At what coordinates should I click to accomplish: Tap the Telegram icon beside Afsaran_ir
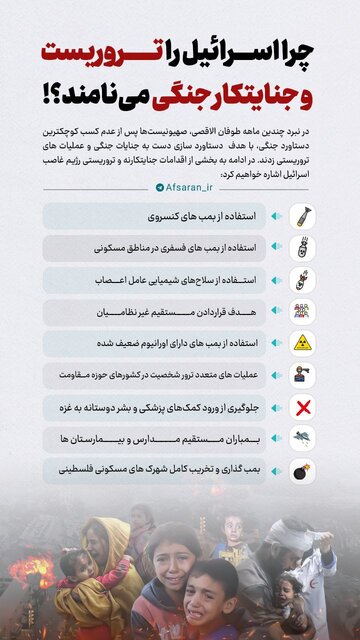pos(158,187)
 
